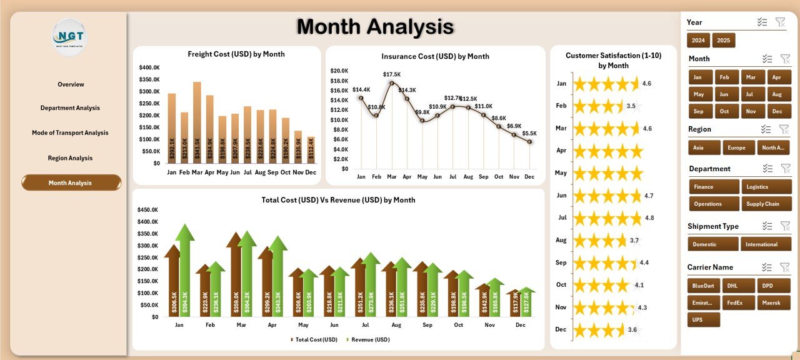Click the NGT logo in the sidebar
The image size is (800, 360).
(70, 37)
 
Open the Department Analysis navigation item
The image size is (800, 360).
(70, 108)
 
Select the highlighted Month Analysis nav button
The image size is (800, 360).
(71, 182)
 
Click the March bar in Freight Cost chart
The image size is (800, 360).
(197, 122)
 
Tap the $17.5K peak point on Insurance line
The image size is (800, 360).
(392, 82)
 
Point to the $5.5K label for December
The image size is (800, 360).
(529, 133)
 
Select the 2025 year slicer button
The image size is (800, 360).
(723, 41)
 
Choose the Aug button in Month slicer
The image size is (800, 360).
(777, 94)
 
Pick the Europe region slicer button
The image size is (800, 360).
(739, 147)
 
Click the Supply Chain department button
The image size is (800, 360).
(766, 204)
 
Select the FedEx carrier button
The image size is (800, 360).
(739, 302)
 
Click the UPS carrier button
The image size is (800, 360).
(704, 320)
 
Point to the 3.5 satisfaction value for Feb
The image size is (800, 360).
(631, 106)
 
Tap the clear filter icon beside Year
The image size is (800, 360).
(780, 22)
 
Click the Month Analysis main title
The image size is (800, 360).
(375, 27)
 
